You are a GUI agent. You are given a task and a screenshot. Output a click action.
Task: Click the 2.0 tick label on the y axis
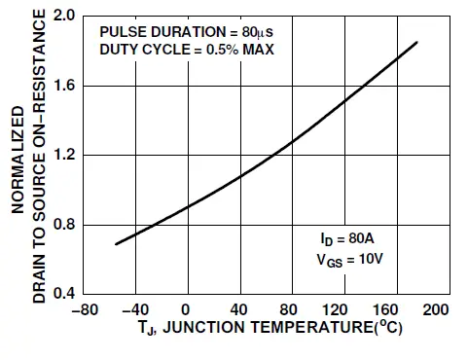pos(65,17)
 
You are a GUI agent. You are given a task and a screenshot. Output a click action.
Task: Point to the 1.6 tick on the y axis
pos(65,86)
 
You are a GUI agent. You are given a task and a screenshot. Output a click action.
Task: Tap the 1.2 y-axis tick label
pos(65,156)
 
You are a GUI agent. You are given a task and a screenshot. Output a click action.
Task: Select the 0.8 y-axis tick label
pos(65,225)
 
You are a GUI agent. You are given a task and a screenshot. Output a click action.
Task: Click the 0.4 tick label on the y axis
pos(65,294)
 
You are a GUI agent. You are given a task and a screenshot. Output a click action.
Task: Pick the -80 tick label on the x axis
pos(86,310)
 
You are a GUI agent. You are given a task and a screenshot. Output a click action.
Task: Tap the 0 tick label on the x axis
pos(187,310)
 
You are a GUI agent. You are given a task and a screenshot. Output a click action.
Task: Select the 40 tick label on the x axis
pos(237,310)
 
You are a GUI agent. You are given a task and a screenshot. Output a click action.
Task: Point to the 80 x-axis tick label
pos(287,310)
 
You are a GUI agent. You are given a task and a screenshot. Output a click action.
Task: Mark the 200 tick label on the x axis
pos(437,310)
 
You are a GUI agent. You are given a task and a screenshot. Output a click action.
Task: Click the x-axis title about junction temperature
pos(261,329)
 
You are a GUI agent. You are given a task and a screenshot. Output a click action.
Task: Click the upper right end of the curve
pos(417,42)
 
